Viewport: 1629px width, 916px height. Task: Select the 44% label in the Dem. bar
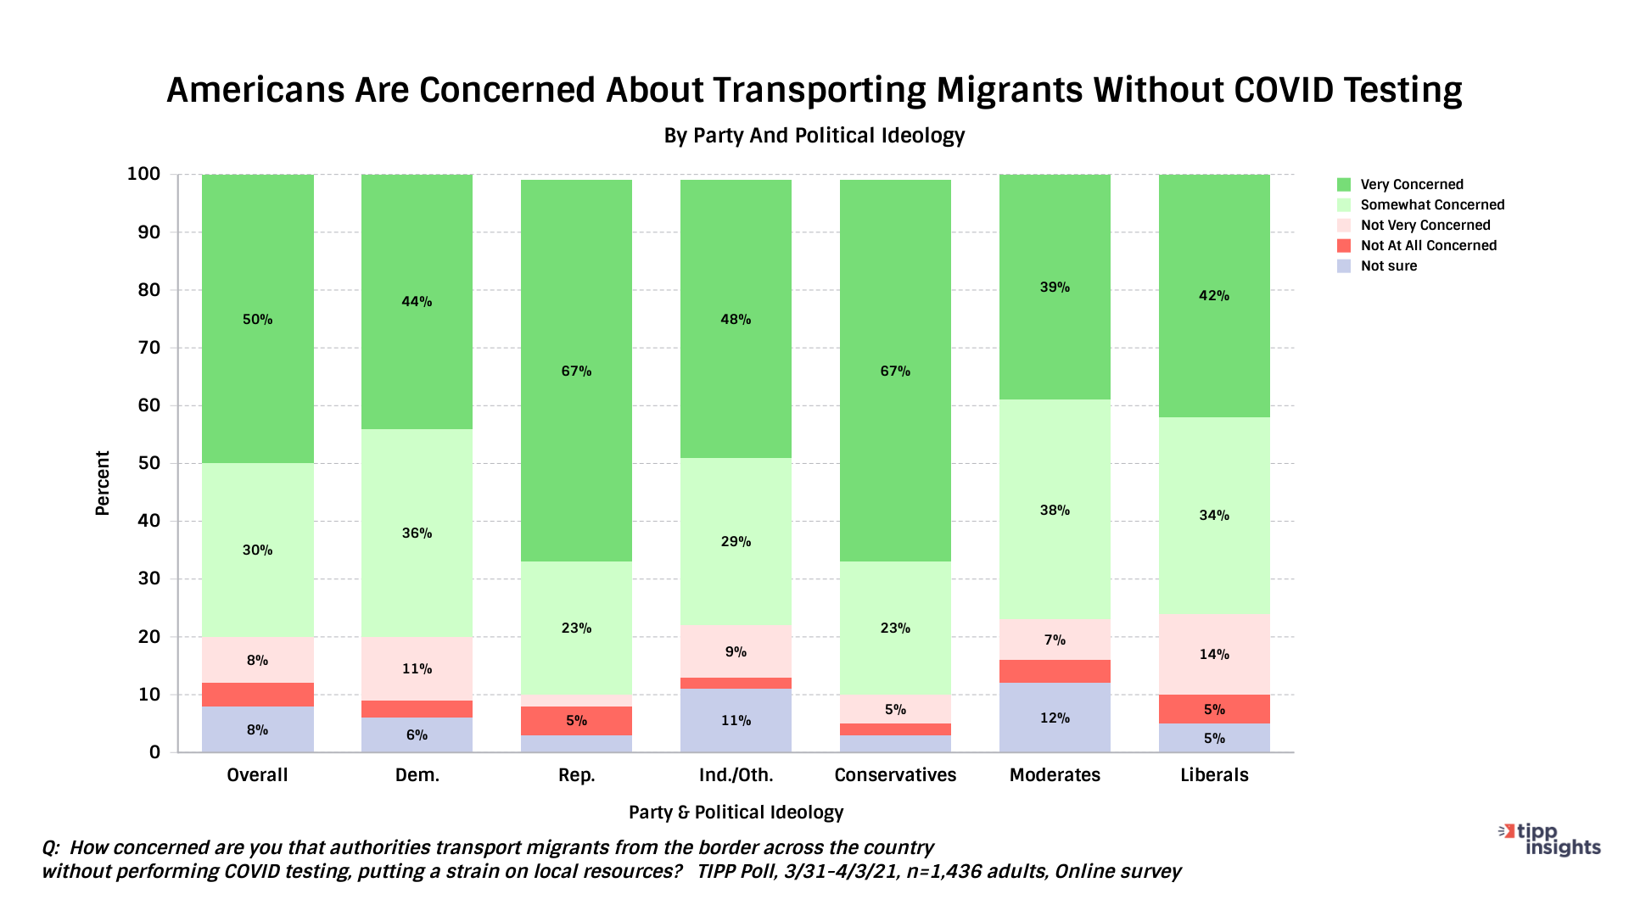[x=417, y=301]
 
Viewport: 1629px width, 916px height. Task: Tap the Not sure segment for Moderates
[x=1055, y=718]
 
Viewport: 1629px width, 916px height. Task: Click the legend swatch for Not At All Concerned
[x=1344, y=246]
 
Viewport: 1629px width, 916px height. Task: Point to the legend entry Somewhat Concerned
[x=1432, y=205]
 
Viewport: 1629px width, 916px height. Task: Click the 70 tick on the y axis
[x=149, y=348]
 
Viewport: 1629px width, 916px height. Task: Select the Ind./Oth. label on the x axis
[x=736, y=775]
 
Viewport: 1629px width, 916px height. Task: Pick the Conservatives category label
[x=895, y=775]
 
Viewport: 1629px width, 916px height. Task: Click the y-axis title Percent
[x=103, y=483]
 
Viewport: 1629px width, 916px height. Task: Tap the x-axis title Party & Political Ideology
[x=736, y=813]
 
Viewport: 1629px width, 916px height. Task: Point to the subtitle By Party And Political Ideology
[x=814, y=136]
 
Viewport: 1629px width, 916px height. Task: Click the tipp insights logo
[x=1551, y=840]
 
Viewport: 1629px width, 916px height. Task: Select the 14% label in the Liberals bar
[x=1214, y=654]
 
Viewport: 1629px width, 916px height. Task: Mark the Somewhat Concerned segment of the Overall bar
[x=257, y=550]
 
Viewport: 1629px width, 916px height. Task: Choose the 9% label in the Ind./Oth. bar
[x=736, y=651]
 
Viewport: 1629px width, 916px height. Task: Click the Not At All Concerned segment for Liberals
[x=1214, y=709]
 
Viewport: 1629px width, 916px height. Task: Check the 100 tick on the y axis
[x=143, y=175]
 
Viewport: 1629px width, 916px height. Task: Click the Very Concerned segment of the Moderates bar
[x=1055, y=287]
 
